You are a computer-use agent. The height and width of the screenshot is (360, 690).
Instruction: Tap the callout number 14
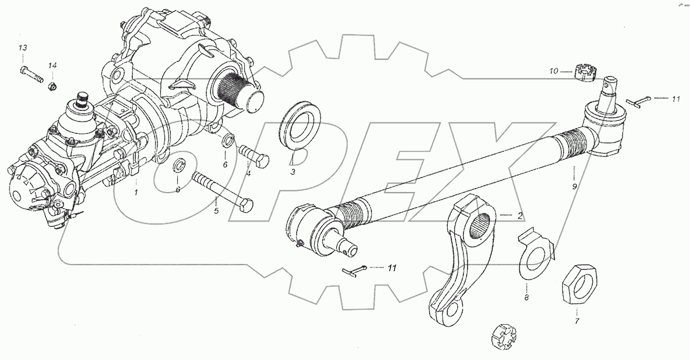pyautogui.click(x=52, y=65)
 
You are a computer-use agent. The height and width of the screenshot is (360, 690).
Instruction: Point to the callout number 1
pyautogui.click(x=136, y=192)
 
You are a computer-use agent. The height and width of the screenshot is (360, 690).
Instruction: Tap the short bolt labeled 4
pyautogui.click(x=253, y=155)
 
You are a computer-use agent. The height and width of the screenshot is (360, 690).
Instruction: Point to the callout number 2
pyautogui.click(x=519, y=216)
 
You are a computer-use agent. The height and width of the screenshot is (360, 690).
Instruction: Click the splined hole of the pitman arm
pyautogui.click(x=483, y=226)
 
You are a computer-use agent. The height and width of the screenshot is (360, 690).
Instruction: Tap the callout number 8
pyautogui.click(x=526, y=298)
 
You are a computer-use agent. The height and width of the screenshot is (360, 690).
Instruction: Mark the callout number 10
pyautogui.click(x=553, y=71)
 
